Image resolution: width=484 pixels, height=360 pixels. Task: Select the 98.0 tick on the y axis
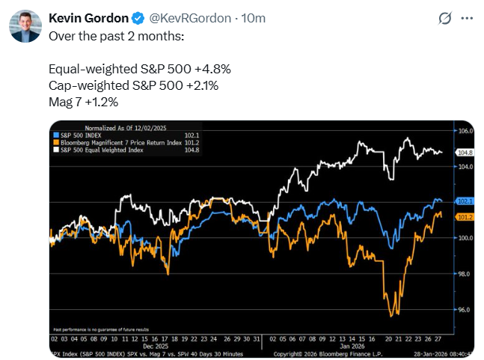tap(465, 274)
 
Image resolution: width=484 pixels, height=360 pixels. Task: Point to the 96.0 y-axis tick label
tap(465, 310)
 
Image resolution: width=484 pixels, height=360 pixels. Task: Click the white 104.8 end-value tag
tap(465, 153)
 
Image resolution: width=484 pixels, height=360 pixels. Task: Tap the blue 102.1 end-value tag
tap(465, 201)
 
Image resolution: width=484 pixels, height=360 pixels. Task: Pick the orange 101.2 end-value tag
tap(465, 216)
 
